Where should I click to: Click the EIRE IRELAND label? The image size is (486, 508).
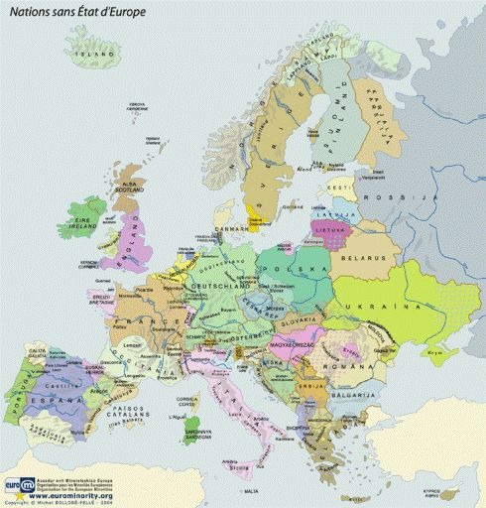coord(83,224)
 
